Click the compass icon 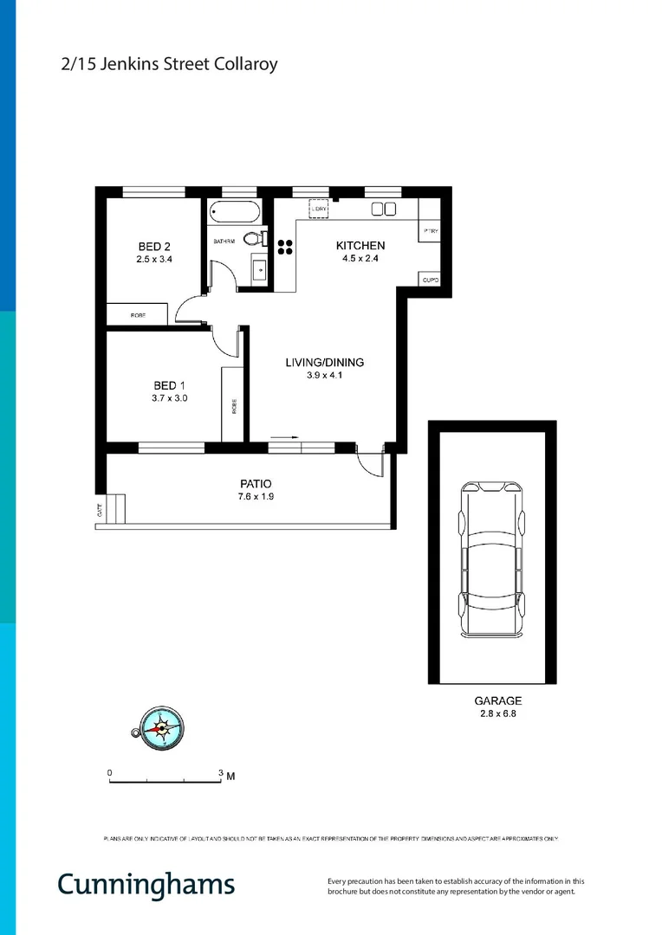click(x=160, y=726)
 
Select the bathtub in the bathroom click(x=234, y=213)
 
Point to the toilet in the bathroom click(x=253, y=239)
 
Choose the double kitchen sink click(x=383, y=209)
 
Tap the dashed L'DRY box click(x=319, y=209)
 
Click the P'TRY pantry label click(x=430, y=232)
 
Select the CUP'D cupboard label click(x=430, y=280)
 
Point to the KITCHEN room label click(x=360, y=246)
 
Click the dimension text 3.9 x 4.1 click(x=324, y=376)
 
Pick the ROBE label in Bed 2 click(x=138, y=316)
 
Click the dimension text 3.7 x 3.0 click(x=170, y=399)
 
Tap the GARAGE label click(x=497, y=700)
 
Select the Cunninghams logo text click(x=146, y=884)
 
